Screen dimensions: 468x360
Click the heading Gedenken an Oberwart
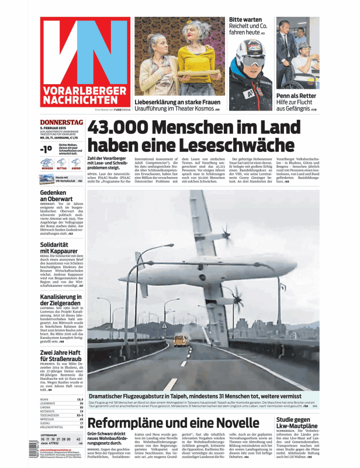[x=58, y=197]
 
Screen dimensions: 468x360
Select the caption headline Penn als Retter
[x=296, y=95]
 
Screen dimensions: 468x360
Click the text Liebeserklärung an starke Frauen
[x=178, y=102]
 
